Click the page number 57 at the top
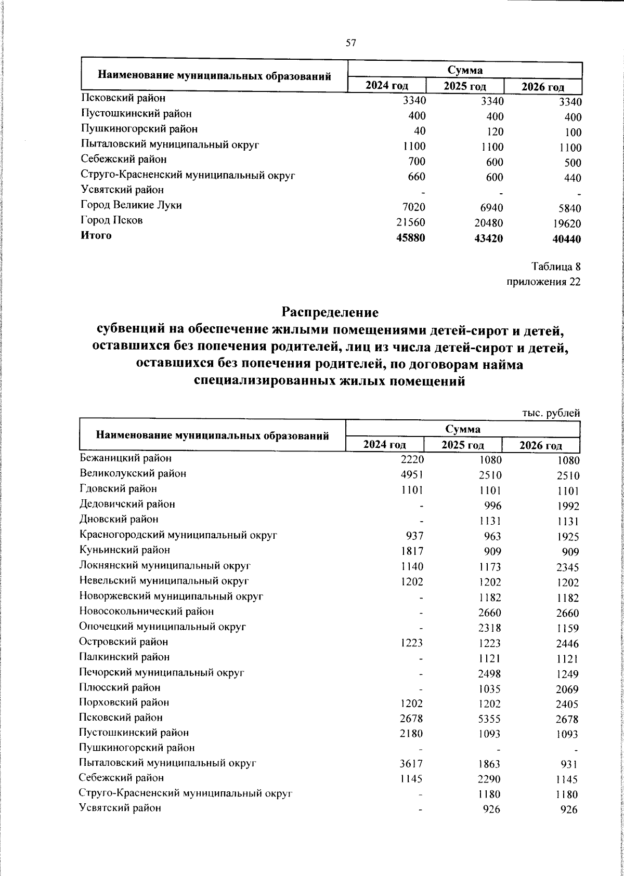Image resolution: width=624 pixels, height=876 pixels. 350,43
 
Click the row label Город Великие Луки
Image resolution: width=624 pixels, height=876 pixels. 132,205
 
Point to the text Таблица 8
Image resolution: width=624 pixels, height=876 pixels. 555,267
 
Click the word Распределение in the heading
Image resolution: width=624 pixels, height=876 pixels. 330,313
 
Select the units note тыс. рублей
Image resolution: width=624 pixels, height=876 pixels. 551,414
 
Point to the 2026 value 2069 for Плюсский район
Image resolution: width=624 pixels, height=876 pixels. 566,689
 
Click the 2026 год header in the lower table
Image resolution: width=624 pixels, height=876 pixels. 541,446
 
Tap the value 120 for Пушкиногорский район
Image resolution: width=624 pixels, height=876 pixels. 495,132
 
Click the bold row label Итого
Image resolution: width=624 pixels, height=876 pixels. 96,236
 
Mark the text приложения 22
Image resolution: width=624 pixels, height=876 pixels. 543,282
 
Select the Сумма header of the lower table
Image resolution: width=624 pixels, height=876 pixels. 462,429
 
